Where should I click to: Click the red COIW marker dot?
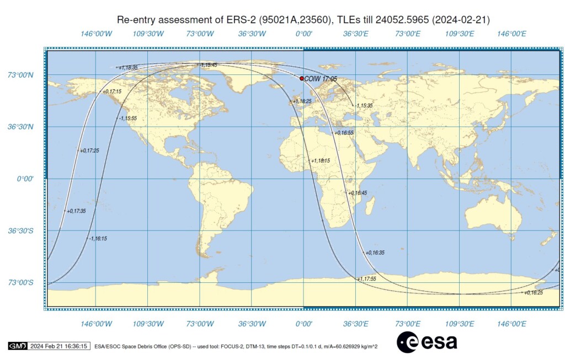(x=301, y=78)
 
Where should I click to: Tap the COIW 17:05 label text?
(x=321, y=79)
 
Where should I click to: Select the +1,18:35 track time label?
(x=128, y=67)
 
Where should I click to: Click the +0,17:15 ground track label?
(x=113, y=92)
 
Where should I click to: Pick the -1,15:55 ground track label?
(x=127, y=119)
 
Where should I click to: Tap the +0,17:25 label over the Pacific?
(x=90, y=151)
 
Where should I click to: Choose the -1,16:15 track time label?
(x=98, y=239)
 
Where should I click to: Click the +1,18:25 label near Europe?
(x=302, y=101)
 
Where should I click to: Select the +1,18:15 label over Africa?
(x=321, y=161)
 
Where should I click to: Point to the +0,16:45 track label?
(x=356, y=193)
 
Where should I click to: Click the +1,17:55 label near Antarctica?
(x=366, y=279)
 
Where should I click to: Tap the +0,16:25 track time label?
(x=534, y=293)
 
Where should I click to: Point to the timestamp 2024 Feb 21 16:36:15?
(x=58, y=346)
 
